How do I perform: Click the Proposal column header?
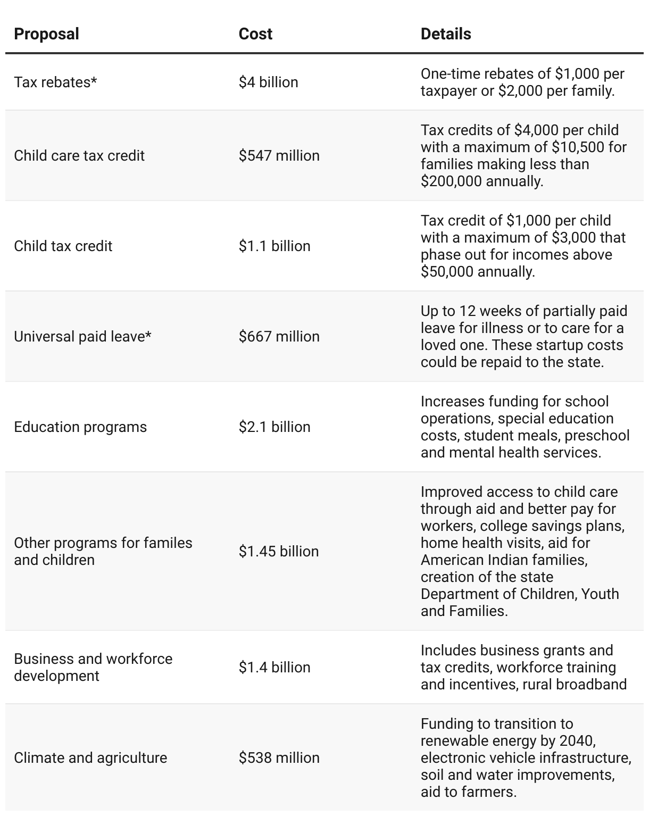pos(46,34)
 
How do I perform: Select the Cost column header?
pos(255,34)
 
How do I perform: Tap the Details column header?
pos(446,34)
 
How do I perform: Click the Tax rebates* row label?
pos(55,82)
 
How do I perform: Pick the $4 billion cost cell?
pos(268,82)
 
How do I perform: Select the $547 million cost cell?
pos(279,156)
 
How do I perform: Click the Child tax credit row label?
pos(63,246)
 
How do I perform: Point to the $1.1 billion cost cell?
pos(274,246)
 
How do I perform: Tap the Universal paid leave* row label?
pos(82,337)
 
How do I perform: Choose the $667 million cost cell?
pos(279,337)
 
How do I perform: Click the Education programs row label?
pos(80,427)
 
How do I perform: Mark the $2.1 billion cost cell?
pos(274,427)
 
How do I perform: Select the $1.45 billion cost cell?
pos(278,552)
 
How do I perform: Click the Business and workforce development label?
pos(93,667)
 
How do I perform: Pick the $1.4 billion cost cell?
pos(274,668)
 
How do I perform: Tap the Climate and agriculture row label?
pos(90,758)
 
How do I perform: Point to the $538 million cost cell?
pos(279,758)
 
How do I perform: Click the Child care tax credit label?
pos(79,156)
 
